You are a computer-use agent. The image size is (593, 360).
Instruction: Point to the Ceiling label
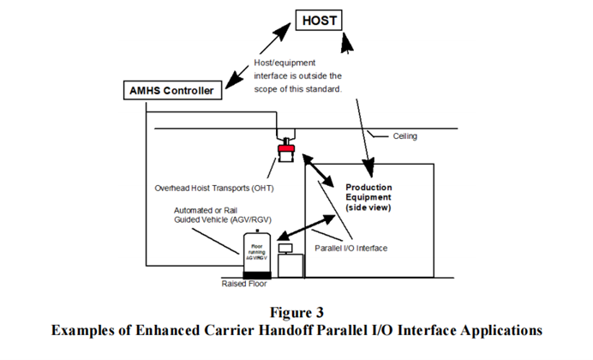[x=407, y=136]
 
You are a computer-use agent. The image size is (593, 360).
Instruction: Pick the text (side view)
[x=369, y=209]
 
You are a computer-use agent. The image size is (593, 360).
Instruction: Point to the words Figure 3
[x=296, y=311]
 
